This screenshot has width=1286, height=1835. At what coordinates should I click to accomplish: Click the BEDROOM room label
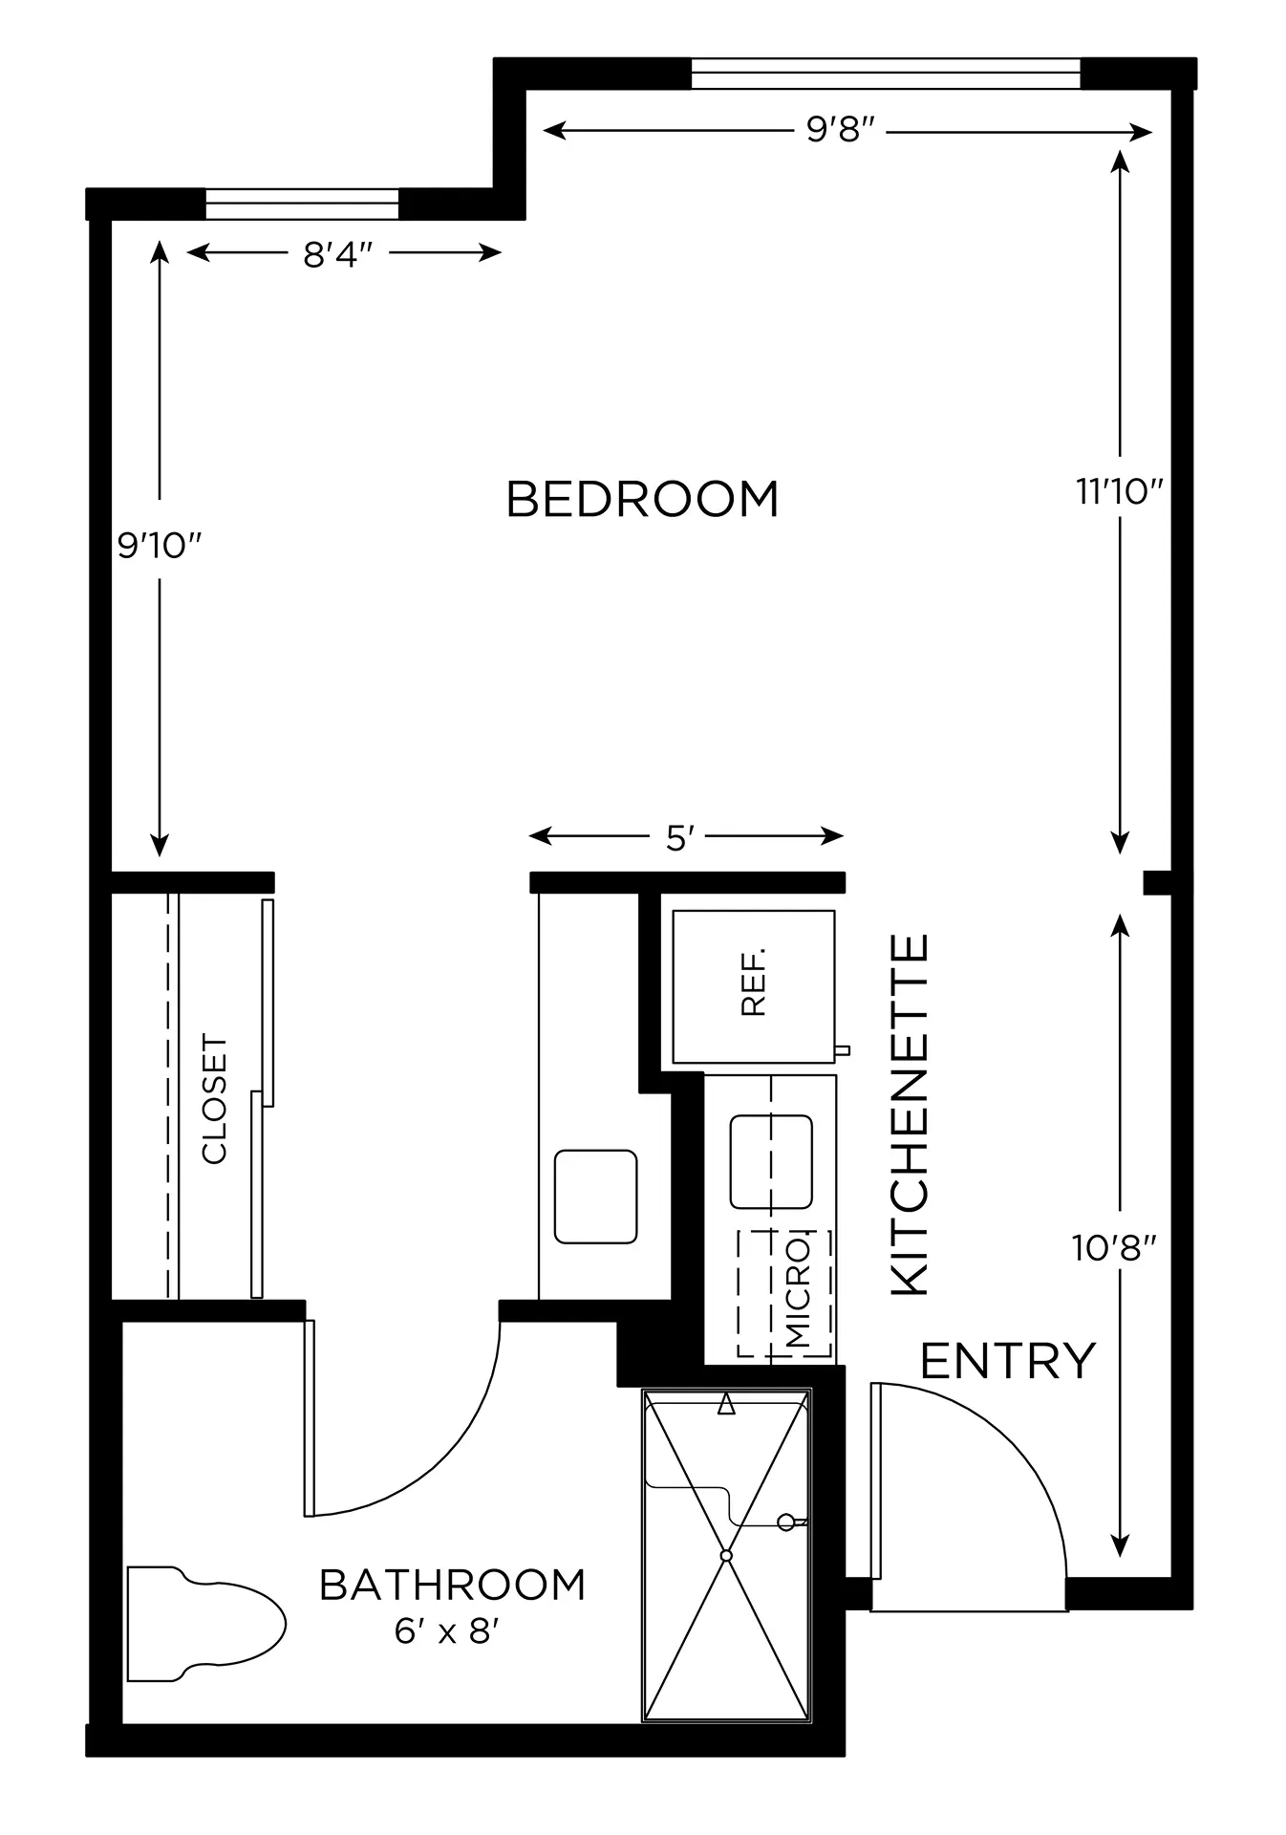pos(642,499)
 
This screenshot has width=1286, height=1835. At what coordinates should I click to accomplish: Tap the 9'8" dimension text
pos(841,130)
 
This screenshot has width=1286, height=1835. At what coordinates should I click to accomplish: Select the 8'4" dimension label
pos(337,254)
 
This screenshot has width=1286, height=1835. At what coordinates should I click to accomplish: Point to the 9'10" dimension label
pos(161,546)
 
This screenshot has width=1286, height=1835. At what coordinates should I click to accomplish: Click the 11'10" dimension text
pos(1120,492)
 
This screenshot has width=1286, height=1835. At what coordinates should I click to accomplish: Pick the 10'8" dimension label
pos(1115,1248)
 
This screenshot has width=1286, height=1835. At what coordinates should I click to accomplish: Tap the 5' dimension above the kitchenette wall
pos(678,839)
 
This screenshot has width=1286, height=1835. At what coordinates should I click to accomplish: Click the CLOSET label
pos(215,1099)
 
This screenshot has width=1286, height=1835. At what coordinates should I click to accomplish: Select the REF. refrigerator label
pos(754,982)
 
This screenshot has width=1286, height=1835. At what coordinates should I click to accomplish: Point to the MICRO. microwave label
pos(797,1292)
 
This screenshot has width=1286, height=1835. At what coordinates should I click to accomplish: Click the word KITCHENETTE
pos(911,1115)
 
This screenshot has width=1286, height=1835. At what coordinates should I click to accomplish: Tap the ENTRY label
pos(1008,1361)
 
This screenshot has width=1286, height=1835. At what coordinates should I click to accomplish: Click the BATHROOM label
pos(452,1586)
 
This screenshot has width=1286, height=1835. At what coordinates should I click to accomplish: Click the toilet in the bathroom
pos(206,1624)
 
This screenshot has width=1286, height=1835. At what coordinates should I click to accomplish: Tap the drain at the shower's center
pos(726,1556)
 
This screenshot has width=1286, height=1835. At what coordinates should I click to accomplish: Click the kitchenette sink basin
pos(771,1161)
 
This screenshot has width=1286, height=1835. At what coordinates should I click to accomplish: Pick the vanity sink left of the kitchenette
pos(596,1197)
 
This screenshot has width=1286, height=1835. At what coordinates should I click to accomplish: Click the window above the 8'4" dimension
pos(302,205)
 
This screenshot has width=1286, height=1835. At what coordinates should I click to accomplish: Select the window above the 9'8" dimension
pos(886,74)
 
